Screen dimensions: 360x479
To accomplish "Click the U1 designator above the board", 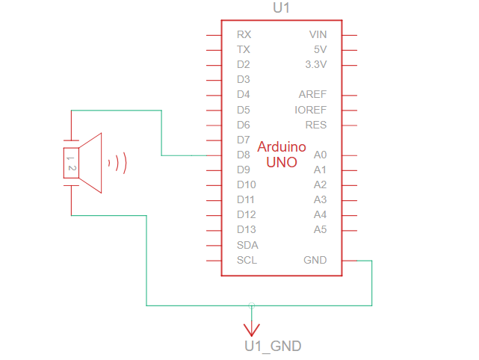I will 282,8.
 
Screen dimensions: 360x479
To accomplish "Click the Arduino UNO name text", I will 282,154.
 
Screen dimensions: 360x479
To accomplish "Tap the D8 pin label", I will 244,155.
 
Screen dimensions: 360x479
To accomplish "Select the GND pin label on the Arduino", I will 315,260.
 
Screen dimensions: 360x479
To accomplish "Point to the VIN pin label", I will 318,34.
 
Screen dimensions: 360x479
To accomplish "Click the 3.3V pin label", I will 316,64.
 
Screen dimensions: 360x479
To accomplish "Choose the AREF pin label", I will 312,95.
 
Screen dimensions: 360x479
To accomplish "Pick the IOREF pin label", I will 310,110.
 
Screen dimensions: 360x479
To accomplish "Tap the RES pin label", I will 315,125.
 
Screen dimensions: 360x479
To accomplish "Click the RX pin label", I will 244,34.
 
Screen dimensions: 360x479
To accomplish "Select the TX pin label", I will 244,49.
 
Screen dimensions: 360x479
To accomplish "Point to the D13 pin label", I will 247,229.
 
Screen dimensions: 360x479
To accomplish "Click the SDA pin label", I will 247,245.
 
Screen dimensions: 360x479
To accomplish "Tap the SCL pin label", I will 247,260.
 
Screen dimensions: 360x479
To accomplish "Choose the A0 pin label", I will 321,155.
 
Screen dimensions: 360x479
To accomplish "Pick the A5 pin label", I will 321,229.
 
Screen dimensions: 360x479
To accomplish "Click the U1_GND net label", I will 273,346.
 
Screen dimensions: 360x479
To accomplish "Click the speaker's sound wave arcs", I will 118,162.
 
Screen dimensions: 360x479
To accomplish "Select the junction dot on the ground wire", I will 252,305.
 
